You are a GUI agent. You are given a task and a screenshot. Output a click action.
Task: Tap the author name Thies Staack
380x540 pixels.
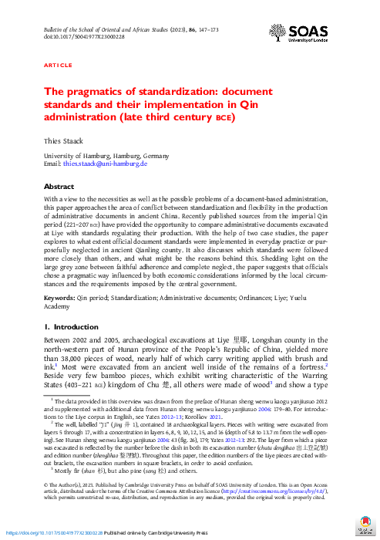coord(62,143)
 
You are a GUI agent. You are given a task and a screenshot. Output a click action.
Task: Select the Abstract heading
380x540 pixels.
coord(59,187)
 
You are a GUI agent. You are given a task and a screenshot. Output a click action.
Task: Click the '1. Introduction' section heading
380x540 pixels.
coord(72,327)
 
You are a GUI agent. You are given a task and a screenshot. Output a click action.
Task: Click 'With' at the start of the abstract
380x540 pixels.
coord(52,199)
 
